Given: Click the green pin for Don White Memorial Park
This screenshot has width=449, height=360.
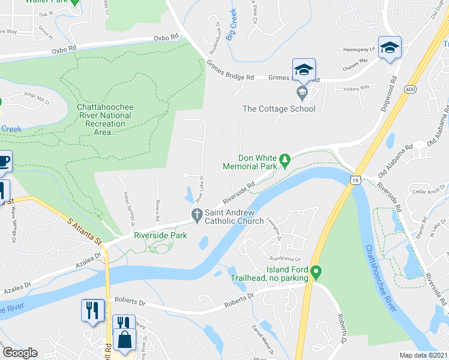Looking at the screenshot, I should [286, 160].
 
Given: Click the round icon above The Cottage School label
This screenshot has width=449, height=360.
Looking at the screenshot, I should [302, 92].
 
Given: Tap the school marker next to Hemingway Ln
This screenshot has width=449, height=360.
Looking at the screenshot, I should [389, 47].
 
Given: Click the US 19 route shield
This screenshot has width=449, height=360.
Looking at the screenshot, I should [355, 179].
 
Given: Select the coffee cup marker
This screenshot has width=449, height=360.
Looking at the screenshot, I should [3, 161].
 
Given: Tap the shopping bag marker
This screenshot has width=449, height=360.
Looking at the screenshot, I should [125, 340].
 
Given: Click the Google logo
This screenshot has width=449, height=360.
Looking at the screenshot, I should [20, 353].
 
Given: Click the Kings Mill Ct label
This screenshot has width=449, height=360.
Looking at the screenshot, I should [37, 99].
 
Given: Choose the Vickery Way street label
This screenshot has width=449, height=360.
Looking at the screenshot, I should [355, 88].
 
